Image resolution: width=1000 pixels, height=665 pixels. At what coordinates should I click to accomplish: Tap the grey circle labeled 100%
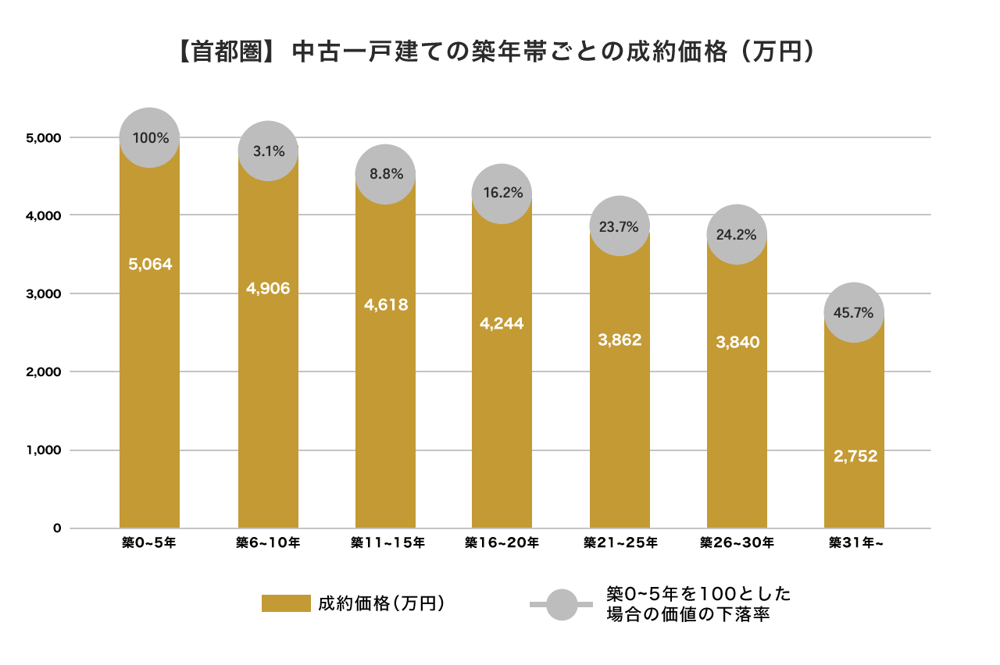tap(150, 137)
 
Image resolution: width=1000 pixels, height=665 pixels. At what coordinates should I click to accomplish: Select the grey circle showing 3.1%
tap(268, 151)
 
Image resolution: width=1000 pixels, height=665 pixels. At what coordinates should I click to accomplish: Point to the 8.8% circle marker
tap(385, 174)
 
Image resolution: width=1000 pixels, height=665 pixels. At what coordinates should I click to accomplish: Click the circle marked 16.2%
tap(502, 194)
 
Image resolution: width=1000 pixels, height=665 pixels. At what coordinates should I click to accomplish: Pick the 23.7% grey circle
tap(620, 226)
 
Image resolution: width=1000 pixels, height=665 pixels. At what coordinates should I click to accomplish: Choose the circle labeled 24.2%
tap(737, 234)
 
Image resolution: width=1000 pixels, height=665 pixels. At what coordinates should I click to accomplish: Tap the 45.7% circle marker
tap(854, 313)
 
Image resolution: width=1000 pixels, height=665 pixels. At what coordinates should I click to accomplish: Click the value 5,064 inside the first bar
tap(150, 265)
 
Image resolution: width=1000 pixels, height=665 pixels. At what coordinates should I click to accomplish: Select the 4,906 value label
tap(268, 289)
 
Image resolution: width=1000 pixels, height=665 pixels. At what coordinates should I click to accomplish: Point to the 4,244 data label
tap(502, 324)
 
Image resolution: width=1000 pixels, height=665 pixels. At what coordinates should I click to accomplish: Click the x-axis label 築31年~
tap(856, 542)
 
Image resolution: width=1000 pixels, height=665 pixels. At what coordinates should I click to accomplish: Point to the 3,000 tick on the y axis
tap(43, 294)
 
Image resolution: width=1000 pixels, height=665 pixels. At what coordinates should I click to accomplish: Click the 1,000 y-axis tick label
tap(43, 450)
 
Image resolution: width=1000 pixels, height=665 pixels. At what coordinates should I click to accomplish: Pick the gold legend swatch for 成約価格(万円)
tap(286, 603)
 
